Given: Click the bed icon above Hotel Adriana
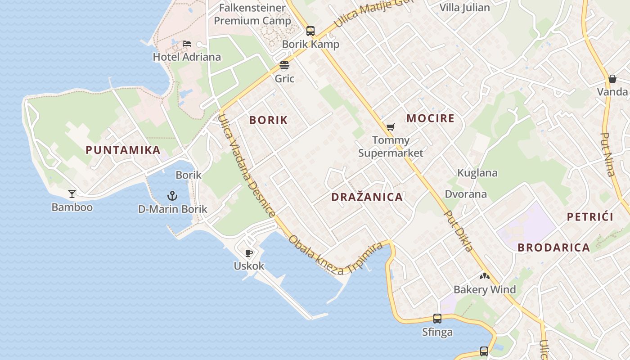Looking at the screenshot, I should click(x=187, y=44).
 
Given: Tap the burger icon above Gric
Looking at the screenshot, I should click(x=284, y=65).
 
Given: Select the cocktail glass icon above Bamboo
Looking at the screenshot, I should click(x=72, y=194).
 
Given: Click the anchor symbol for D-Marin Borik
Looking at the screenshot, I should click(x=172, y=196).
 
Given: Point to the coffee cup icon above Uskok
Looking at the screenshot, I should click(x=249, y=253).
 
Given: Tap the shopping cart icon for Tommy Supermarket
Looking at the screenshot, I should click(x=390, y=127).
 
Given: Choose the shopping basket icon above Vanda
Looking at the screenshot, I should click(x=612, y=79).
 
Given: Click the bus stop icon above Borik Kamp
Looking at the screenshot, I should click(x=310, y=31).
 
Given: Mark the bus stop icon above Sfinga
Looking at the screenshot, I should click(x=437, y=319).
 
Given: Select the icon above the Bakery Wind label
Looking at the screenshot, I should click(x=484, y=276).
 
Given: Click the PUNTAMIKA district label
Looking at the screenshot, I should click(x=123, y=150).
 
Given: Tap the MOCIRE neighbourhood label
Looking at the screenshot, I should click(x=430, y=118).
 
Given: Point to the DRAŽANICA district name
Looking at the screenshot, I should click(x=367, y=197).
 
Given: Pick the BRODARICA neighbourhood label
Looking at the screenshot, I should click(x=553, y=247).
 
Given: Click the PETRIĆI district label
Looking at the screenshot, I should click(x=590, y=217).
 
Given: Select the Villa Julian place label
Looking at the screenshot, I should click(x=464, y=8).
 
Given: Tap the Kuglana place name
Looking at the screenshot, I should click(x=477, y=173).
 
